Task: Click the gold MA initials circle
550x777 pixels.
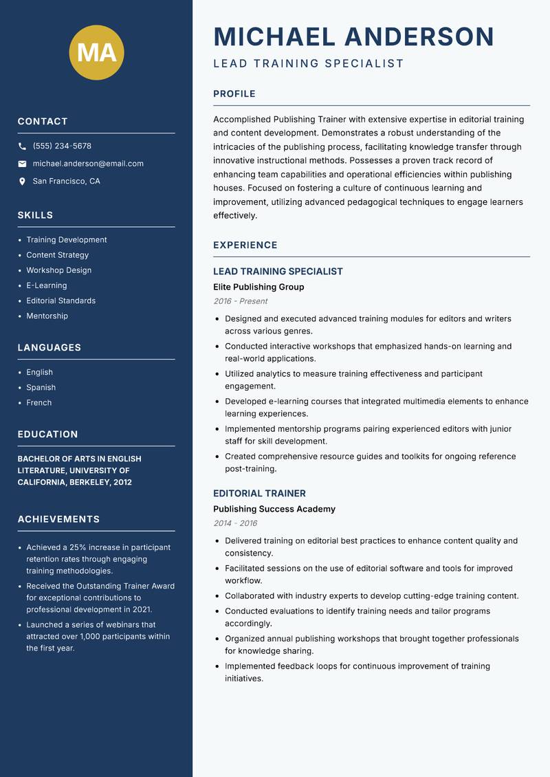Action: (96, 52)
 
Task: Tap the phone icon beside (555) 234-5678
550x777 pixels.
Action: (22, 146)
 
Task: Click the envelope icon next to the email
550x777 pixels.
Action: (22, 164)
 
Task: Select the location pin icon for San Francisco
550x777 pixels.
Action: (22, 182)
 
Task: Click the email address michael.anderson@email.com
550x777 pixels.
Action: (88, 164)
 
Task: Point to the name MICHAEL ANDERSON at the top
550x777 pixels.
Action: (353, 36)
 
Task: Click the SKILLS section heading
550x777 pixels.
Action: (35, 215)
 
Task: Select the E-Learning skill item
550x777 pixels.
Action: (47, 285)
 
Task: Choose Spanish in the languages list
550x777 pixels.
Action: (41, 387)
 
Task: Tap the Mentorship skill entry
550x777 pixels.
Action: (47, 316)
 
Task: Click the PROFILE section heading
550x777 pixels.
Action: (234, 94)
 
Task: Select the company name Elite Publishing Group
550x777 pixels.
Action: (258, 287)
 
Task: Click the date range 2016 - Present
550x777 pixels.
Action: (240, 301)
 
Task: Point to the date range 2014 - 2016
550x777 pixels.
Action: (235, 523)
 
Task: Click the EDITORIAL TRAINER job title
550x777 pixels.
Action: (259, 493)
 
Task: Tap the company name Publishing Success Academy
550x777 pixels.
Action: (274, 509)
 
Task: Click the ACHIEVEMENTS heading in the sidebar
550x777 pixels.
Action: (58, 519)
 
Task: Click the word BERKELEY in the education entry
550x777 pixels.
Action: (89, 482)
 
